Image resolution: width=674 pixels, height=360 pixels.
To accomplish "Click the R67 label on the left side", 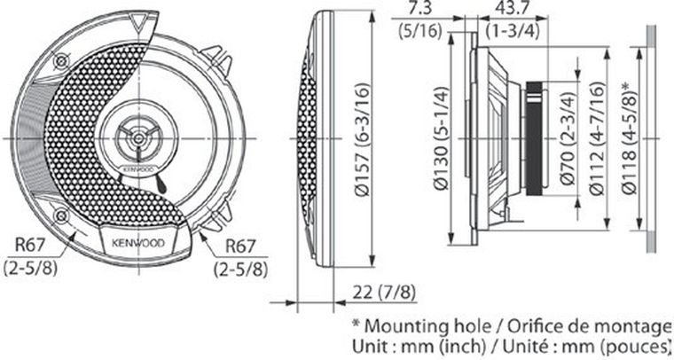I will [27, 246].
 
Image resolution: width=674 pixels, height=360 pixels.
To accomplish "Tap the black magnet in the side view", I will [534, 137].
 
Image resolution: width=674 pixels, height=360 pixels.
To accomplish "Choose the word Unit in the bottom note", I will [371, 344].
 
